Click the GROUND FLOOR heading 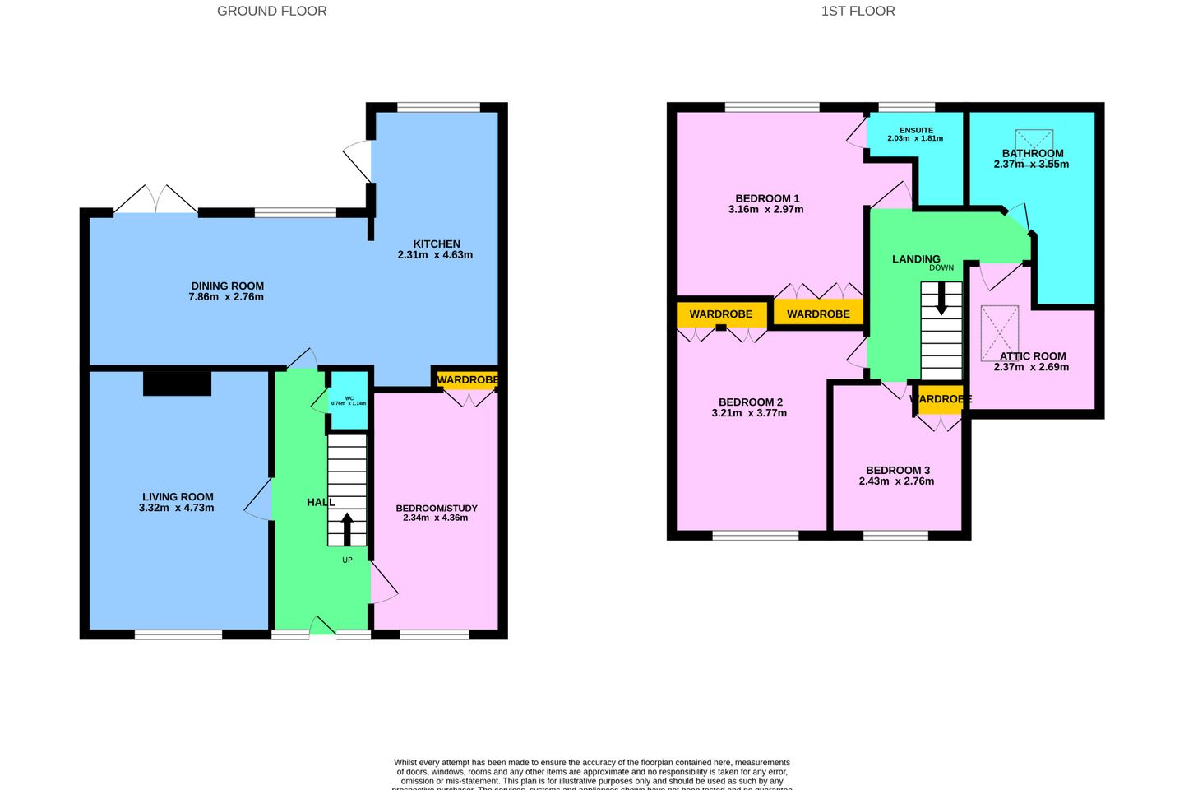point(271,12)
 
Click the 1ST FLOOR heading point(858,12)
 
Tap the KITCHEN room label point(437,244)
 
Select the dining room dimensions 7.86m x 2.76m point(226,297)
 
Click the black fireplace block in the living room point(177,383)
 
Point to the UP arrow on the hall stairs point(347,529)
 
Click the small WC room point(349,401)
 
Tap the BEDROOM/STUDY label point(436,508)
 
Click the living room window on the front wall point(178,634)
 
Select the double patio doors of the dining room point(155,201)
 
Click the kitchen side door point(358,160)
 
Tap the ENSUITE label point(916,130)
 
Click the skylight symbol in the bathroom point(1034,139)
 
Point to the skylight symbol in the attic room point(999,333)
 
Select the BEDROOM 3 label point(897,470)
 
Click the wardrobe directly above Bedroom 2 point(721,314)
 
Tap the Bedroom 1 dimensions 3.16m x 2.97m point(765,210)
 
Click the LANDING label point(915,258)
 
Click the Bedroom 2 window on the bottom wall point(755,536)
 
